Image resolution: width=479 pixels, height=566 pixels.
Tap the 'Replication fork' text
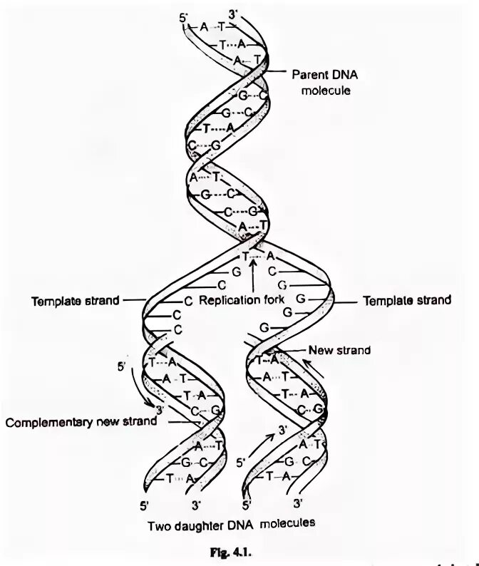[240, 300]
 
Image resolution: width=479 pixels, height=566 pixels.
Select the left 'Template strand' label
[75, 301]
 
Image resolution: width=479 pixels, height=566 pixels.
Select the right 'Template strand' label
[407, 300]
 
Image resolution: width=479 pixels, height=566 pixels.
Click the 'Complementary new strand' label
[81, 421]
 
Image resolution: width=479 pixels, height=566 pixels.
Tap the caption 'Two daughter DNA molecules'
[231, 525]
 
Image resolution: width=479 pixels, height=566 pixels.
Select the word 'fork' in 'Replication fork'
[272, 300]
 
